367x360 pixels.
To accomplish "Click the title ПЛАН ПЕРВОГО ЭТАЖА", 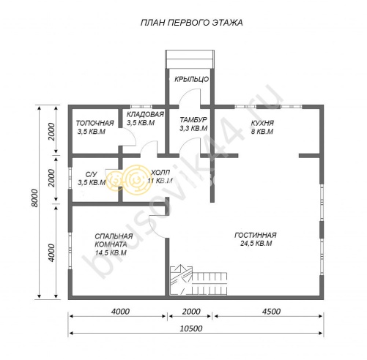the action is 192,23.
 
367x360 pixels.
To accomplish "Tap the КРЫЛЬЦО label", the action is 191,79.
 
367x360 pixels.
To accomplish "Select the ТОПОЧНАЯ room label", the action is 94,123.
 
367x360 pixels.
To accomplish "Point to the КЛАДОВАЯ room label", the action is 145,114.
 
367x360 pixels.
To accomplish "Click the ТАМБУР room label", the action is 193,120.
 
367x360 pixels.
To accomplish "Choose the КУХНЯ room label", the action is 262,123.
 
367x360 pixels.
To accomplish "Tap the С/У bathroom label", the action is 91,174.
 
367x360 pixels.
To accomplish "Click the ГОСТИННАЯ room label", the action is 256,235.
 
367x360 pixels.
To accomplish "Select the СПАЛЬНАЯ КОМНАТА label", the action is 114,240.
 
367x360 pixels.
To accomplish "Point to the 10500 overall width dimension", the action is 191,329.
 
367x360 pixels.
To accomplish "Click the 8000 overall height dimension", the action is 34,198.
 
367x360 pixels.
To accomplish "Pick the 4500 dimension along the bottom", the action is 271,312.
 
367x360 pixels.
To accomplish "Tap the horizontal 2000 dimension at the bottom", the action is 191,312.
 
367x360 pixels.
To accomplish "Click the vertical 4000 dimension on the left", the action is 51,252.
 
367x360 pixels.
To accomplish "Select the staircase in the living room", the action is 199,280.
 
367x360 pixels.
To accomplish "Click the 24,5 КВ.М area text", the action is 256,244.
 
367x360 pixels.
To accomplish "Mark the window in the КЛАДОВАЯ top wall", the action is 141,107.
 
